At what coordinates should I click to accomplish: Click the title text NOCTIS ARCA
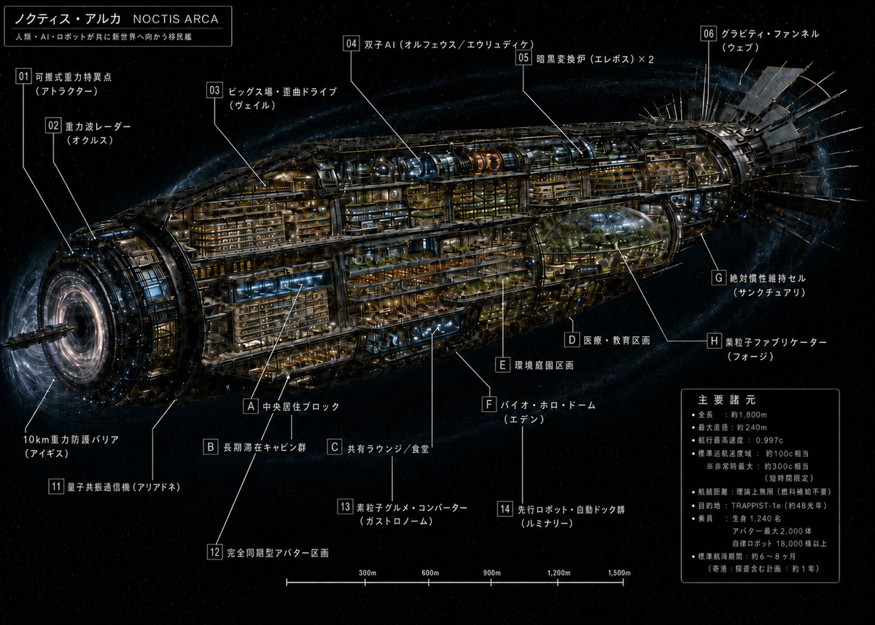point(176,19)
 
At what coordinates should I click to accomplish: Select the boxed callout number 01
point(24,76)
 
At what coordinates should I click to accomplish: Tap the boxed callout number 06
point(708,34)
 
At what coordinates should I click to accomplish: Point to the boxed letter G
point(719,278)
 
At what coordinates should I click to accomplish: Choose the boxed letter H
point(714,341)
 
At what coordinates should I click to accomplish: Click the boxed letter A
point(251,406)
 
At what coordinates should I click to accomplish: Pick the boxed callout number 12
point(215,552)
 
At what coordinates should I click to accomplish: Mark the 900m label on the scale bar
point(491,573)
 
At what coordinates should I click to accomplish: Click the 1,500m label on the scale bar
point(619,573)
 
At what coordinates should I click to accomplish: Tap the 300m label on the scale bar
point(367,573)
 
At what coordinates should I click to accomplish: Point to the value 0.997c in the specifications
point(769,440)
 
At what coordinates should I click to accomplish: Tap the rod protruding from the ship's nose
point(38,337)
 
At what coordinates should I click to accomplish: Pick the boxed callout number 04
point(351,43)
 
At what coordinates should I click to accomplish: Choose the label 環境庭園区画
point(544,365)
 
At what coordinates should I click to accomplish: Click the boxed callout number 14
point(505,508)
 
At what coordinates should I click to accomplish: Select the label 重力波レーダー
point(98,127)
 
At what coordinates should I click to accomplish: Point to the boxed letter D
point(572,339)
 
